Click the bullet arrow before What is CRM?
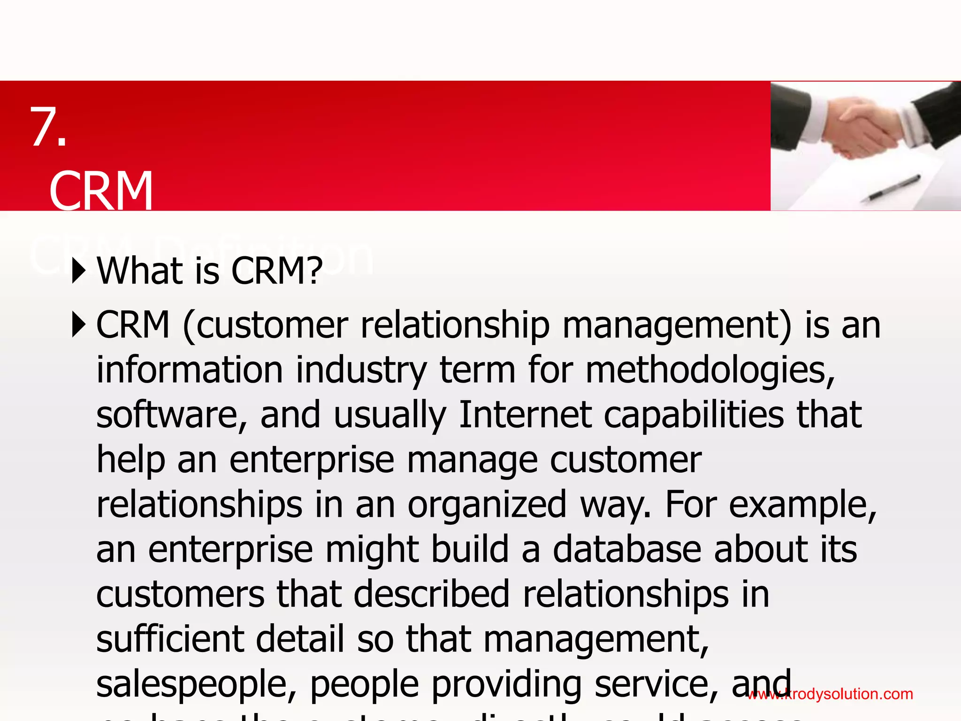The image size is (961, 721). (x=79, y=271)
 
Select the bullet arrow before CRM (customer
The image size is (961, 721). (x=79, y=324)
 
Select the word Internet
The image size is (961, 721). (x=525, y=415)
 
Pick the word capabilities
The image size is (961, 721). (x=694, y=415)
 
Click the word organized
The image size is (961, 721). (x=487, y=505)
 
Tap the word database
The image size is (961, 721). (x=626, y=549)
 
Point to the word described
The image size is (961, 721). (x=431, y=594)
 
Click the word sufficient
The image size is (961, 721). (x=170, y=639)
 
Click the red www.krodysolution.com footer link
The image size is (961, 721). (x=830, y=694)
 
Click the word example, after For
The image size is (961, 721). (x=803, y=505)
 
